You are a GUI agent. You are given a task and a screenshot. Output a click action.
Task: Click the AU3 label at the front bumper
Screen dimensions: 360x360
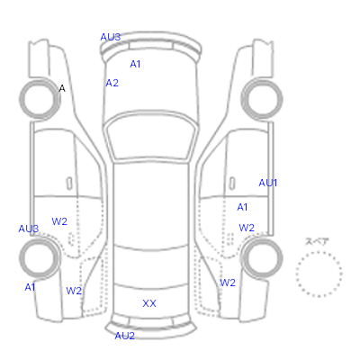point(111,37)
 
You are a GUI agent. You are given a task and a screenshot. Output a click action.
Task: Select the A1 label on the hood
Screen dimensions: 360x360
point(135,64)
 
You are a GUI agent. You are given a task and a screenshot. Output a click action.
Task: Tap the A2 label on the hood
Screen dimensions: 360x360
point(112,83)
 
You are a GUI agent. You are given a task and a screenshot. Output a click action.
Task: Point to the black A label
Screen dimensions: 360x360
point(62,88)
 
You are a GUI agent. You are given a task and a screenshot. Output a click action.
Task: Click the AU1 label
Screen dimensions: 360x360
point(268,183)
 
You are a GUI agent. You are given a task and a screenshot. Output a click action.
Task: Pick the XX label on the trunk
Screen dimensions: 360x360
point(149,303)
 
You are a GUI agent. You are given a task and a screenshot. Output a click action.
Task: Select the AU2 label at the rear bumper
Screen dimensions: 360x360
point(124,336)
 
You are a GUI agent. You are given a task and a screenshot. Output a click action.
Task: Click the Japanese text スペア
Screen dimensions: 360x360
point(317,241)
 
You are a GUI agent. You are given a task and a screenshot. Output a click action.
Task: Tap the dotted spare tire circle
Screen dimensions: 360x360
point(296,274)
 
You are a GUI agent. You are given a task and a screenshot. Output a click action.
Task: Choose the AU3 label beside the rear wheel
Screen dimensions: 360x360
point(29,229)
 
